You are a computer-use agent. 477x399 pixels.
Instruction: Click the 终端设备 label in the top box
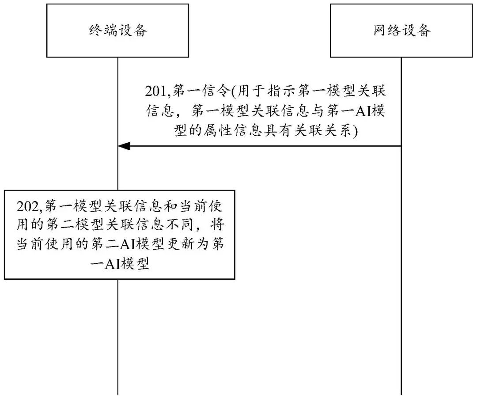(117, 30)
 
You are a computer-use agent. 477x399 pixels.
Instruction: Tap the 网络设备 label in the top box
(401, 30)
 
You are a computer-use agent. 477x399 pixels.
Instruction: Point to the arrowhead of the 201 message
(123, 146)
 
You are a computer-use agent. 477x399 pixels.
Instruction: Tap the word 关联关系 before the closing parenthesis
(335, 131)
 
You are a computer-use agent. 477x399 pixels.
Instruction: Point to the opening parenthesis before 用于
(234, 92)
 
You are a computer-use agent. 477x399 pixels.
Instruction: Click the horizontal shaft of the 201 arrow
(265, 146)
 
